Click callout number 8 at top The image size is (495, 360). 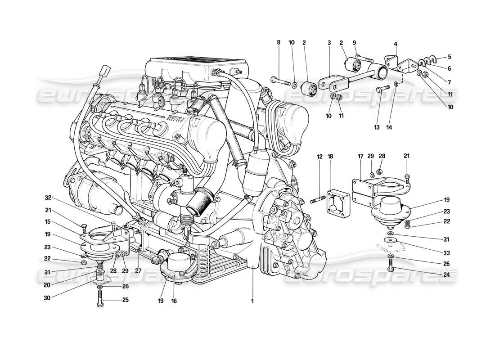point(279,42)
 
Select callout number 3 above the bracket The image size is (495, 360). point(329,42)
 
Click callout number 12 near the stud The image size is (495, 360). point(319,157)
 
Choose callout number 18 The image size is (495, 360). point(331,157)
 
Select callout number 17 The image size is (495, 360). point(360,157)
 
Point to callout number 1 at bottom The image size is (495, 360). point(252,301)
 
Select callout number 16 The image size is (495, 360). point(174,301)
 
